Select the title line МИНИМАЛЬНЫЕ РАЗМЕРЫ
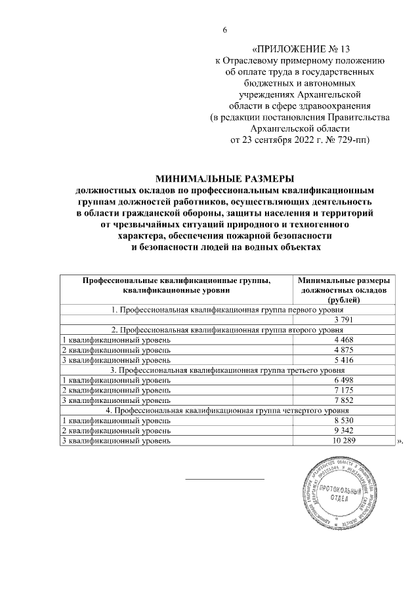coord(226,178)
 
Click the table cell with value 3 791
coord(345,320)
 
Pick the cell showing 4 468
coord(345,340)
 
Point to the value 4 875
coord(345,351)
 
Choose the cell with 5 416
coord(345,360)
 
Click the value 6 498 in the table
coord(345,381)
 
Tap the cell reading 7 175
coord(345,391)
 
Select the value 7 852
coord(345,400)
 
